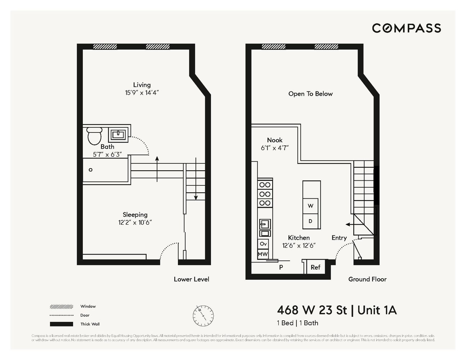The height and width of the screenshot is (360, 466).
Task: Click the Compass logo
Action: click(x=406, y=28)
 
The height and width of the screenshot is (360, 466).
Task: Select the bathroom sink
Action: click(x=118, y=135)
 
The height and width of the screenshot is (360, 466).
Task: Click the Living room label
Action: click(x=142, y=85)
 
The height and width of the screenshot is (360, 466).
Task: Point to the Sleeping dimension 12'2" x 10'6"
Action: click(x=135, y=222)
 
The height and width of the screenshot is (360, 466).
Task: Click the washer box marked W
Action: click(x=310, y=206)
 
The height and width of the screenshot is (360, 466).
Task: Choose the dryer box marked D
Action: click(x=310, y=221)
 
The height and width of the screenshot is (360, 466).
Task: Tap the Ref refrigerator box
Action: click(x=315, y=267)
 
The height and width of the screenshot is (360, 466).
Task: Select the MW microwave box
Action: click(x=263, y=254)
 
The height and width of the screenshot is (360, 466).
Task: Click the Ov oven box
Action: click(x=263, y=244)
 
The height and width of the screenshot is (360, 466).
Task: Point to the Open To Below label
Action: click(x=310, y=94)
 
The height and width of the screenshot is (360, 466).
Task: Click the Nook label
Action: click(x=275, y=140)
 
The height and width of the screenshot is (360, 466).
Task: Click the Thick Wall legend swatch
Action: click(x=62, y=324)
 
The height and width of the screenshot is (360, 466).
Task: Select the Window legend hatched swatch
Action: click(x=62, y=307)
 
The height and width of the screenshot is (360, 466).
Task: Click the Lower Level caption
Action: click(x=191, y=279)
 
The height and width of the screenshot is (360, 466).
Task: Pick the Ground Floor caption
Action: click(x=367, y=279)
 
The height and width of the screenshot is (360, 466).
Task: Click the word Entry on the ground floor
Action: click(x=339, y=238)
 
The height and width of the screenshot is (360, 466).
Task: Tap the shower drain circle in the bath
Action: click(x=91, y=170)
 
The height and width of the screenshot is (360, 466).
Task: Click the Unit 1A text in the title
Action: click(x=377, y=310)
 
